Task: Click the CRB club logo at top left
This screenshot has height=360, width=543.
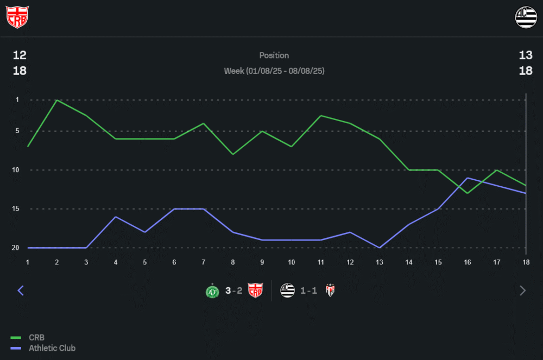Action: (17, 17)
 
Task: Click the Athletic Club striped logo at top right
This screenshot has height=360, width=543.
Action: (526, 17)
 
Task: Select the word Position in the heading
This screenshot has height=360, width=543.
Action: (274, 55)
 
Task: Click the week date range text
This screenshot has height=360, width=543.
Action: (274, 71)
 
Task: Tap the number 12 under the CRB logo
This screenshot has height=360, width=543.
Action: (20, 55)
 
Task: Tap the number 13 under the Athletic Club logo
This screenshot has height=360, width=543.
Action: (525, 55)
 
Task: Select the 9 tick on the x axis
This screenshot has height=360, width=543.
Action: (262, 262)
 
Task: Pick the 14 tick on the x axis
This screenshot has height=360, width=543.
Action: (409, 262)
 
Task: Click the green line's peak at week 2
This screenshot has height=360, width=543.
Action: (57, 100)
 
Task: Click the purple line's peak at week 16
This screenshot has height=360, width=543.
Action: (468, 178)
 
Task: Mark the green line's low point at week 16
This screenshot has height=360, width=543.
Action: (468, 193)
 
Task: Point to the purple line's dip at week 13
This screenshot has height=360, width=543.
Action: (380, 248)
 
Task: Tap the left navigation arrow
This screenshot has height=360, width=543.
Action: (21, 290)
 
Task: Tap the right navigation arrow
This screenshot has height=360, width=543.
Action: (523, 290)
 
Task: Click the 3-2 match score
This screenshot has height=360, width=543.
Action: (234, 290)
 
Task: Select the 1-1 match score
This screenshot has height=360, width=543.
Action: (308, 290)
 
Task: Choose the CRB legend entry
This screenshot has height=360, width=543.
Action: (36, 338)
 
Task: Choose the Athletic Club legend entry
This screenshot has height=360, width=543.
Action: (52, 348)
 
